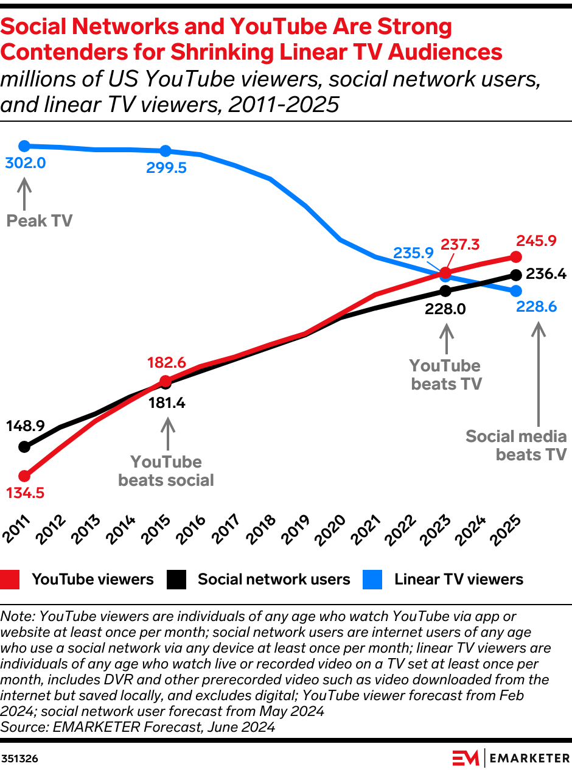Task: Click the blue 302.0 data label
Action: click(25, 164)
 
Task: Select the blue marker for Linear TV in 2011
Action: click(24, 146)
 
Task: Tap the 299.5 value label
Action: click(166, 168)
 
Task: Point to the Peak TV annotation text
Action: click(39, 220)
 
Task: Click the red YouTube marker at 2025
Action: click(516, 257)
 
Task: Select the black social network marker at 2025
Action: click(516, 275)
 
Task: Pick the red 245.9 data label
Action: click(536, 240)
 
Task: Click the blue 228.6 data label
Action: click(536, 307)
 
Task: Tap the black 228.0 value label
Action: click(445, 309)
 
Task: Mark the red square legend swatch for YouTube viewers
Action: click(10, 579)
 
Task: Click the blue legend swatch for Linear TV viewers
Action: click(372, 579)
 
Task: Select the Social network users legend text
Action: click(274, 579)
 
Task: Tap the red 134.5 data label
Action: click(25, 493)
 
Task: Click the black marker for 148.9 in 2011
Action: click(24, 447)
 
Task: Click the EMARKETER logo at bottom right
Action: click(511, 758)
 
